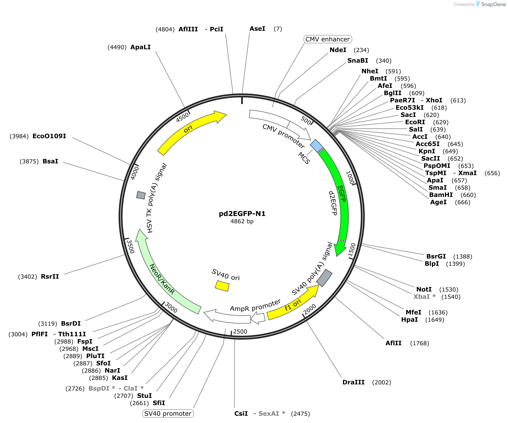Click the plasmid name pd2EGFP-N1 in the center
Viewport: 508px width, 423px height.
point(242,214)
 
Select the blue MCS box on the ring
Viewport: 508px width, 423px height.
point(317,146)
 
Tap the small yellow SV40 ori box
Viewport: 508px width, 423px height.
point(222,286)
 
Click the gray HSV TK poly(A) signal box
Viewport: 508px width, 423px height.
point(141,195)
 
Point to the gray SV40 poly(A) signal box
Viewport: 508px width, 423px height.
point(324,278)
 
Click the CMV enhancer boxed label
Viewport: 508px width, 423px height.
point(328,39)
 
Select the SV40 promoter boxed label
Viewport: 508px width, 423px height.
point(168,413)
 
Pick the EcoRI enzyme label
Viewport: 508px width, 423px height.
point(415,122)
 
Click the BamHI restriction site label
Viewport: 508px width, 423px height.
point(441,195)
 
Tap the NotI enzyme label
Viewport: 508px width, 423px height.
point(424,289)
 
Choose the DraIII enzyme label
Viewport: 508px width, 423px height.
point(354,382)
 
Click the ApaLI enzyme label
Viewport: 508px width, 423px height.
point(140,47)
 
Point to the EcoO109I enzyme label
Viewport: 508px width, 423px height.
point(49,136)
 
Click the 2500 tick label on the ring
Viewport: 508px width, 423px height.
point(240,332)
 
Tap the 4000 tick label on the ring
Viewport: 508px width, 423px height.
point(135,173)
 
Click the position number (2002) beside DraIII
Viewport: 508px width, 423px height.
point(382,382)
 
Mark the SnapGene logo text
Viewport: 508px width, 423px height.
point(493,4)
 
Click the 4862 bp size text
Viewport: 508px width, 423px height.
point(242,221)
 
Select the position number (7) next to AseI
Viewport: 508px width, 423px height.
point(278,29)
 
